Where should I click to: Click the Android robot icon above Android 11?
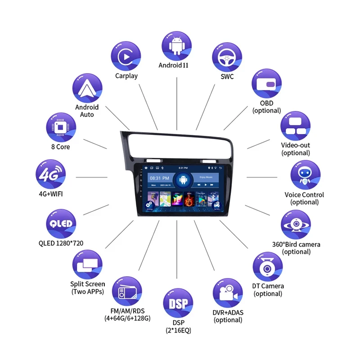176,45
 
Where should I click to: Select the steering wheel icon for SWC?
227,57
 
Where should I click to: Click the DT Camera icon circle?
267,267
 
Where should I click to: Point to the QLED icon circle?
61,224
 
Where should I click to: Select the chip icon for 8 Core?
61,126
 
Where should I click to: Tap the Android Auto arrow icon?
87,88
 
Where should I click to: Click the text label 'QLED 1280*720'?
61,243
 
